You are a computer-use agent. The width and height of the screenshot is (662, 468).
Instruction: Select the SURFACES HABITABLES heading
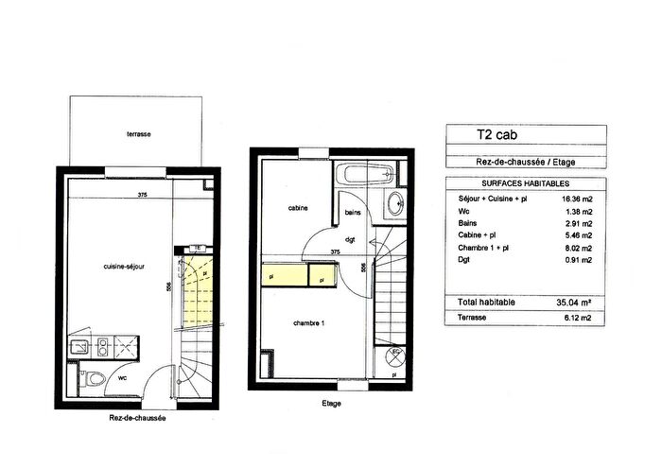518,183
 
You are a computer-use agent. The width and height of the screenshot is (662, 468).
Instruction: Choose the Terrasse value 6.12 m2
576,319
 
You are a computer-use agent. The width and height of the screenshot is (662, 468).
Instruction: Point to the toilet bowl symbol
89,380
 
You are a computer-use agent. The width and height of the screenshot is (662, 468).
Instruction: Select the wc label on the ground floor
122,376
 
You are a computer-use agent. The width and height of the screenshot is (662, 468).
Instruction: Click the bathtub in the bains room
366,176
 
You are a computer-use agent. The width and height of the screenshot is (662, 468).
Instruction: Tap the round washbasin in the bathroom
396,202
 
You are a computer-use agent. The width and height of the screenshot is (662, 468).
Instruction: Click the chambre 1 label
309,322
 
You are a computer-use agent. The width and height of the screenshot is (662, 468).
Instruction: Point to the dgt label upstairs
350,238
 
